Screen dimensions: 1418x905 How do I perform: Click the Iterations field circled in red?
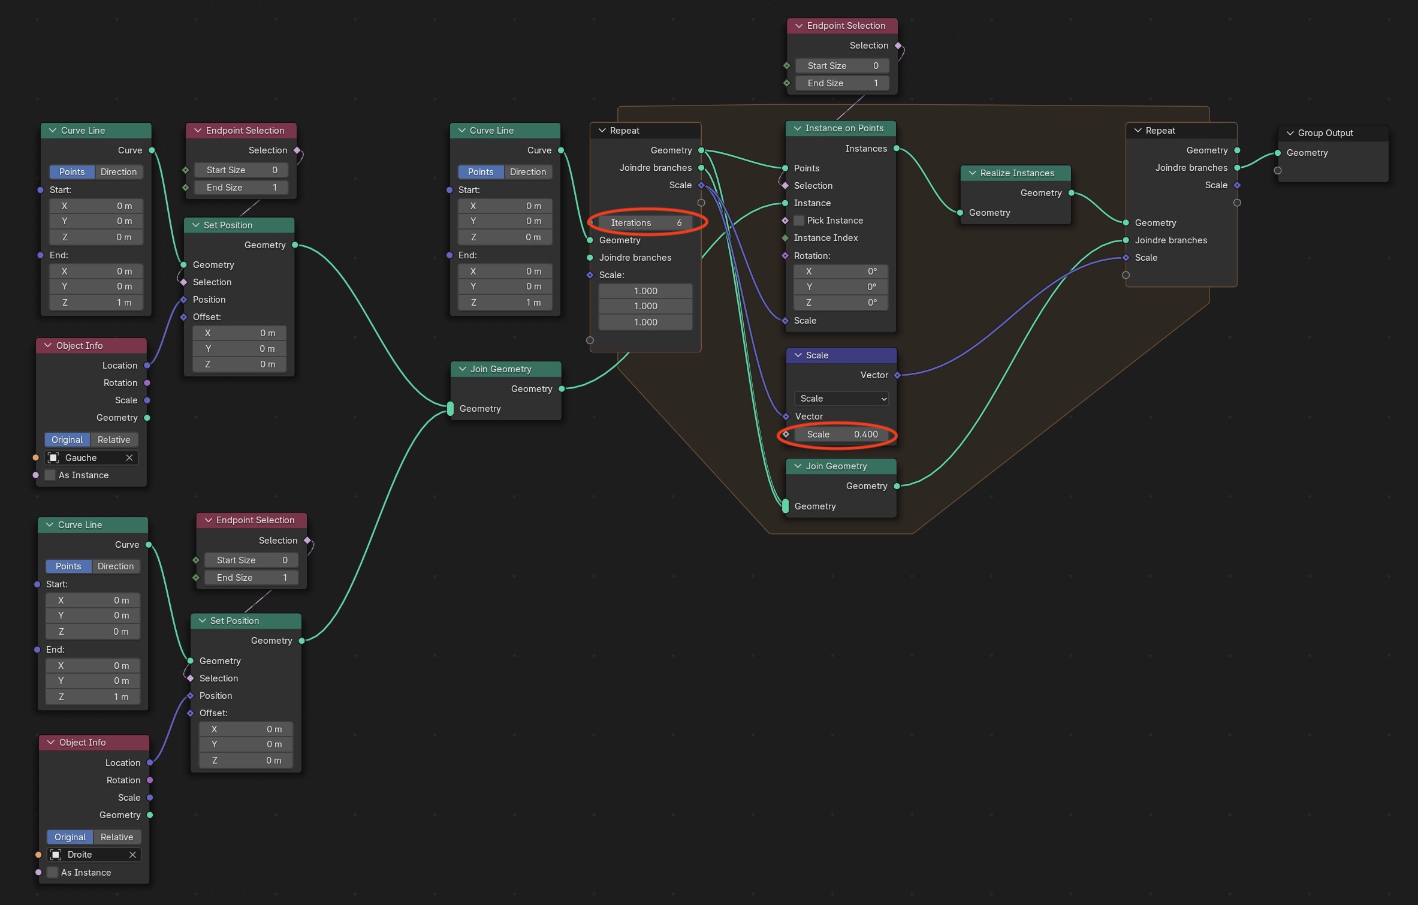pos(645,222)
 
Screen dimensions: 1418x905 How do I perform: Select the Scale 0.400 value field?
pos(841,435)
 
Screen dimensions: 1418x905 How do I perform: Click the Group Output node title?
pos(1325,133)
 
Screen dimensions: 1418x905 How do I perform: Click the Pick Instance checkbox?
pos(799,221)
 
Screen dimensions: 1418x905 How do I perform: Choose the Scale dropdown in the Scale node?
pos(841,399)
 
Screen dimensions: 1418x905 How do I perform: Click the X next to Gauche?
pos(129,458)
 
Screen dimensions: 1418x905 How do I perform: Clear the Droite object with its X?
pos(132,855)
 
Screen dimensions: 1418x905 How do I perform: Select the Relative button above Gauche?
pos(114,440)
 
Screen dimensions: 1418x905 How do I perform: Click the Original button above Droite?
pos(70,837)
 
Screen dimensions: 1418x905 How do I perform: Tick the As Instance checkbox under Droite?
pos(53,873)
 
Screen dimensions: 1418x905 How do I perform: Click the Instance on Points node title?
pos(844,128)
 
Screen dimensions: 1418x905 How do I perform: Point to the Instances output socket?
pos(897,149)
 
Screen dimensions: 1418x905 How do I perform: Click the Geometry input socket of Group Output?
pos(1278,153)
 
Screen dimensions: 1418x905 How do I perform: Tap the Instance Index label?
pos(826,238)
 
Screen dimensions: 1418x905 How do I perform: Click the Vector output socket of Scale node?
pos(897,375)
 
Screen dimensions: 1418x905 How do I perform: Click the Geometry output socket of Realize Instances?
pos(1071,193)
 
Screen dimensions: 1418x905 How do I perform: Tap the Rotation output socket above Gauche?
pos(147,383)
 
